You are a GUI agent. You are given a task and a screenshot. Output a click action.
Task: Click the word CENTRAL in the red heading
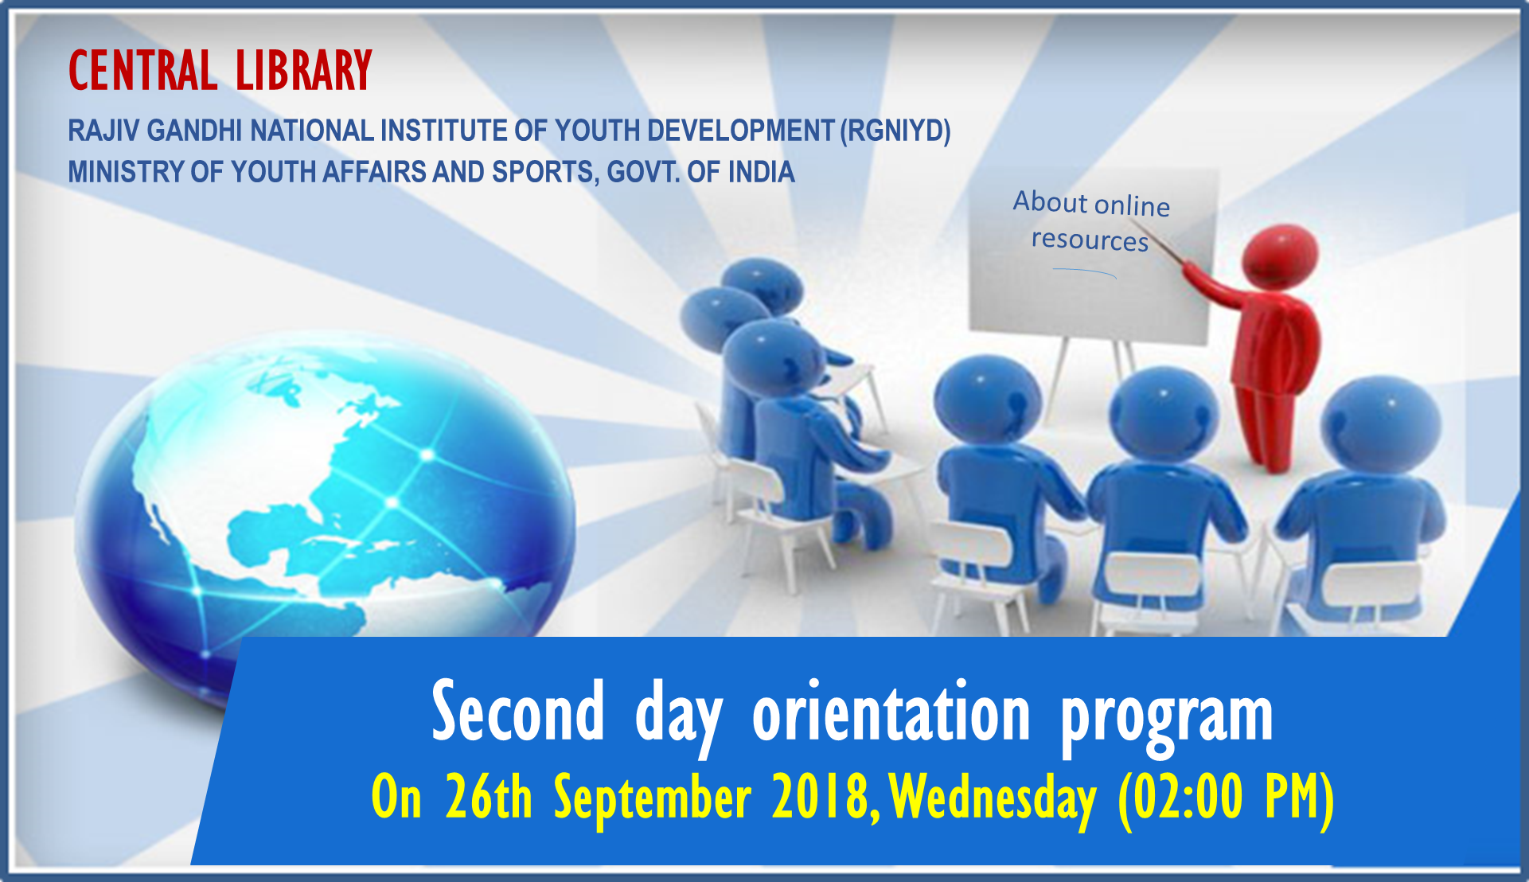click(142, 70)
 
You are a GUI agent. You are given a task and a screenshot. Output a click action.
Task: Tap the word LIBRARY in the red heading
click(304, 70)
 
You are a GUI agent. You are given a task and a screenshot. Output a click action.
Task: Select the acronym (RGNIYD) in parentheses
click(895, 131)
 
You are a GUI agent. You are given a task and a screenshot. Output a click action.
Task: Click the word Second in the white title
click(518, 712)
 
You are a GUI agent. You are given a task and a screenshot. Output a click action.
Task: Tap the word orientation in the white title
click(891, 712)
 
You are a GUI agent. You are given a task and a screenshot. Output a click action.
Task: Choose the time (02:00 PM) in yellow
click(1226, 798)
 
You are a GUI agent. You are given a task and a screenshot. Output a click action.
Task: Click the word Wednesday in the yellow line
click(993, 798)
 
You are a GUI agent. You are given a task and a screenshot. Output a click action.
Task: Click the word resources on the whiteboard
click(1090, 240)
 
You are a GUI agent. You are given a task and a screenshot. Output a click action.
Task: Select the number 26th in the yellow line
click(489, 796)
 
